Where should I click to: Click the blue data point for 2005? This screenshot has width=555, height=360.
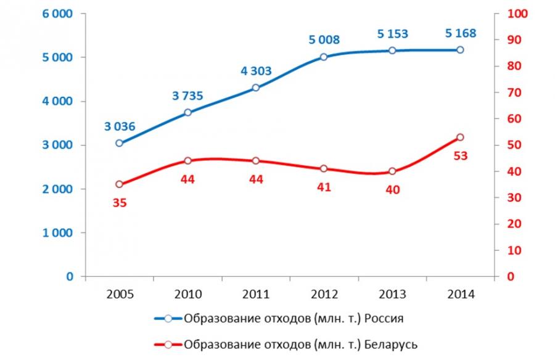120,143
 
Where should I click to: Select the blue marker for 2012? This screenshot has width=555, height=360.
324,57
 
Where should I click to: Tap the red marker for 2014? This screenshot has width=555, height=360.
460,137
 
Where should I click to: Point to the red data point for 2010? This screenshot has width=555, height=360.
188,161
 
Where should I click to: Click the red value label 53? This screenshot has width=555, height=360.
460,156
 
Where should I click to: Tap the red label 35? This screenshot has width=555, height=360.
120,202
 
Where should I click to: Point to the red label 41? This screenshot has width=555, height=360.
324,187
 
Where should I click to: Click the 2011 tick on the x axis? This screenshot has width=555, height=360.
256,293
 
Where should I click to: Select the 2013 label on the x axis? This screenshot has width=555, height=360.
392,293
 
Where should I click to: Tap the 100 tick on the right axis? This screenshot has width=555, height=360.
514,14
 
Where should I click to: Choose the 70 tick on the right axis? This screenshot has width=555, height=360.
514,92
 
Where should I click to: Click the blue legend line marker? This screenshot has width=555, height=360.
168,319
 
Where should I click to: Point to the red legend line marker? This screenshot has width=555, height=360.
168,344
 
